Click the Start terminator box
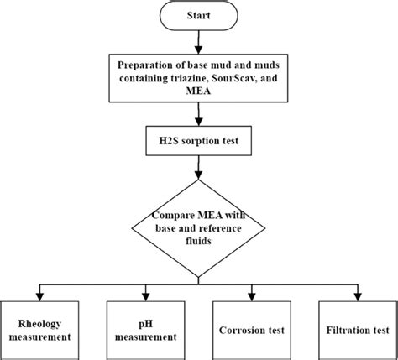(198, 16)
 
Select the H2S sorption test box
(198, 142)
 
